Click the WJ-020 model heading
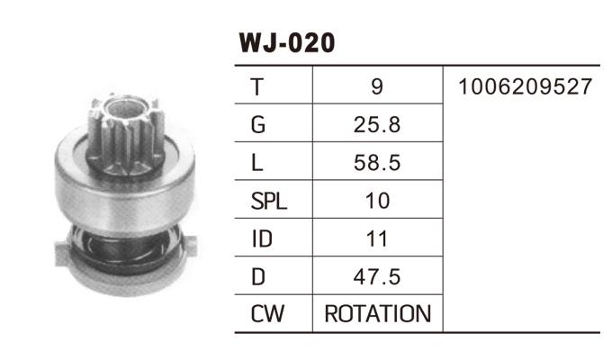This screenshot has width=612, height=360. pos(286,43)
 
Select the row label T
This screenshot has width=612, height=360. pos(257,87)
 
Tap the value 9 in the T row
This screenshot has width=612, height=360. pos(377,87)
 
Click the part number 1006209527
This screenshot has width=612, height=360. pos(524,87)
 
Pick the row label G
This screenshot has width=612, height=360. pos(258,125)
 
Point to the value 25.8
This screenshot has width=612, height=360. pos(377,125)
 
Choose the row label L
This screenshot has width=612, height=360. pos(257,163)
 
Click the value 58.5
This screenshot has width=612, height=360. pos(377,163)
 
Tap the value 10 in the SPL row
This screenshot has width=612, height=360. pos(377,201)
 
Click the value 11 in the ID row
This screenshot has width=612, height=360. pos(377,239)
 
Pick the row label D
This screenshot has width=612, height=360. pos(258,277)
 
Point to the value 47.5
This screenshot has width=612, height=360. pos(377,277)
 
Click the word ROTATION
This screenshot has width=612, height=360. pos(377,315)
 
